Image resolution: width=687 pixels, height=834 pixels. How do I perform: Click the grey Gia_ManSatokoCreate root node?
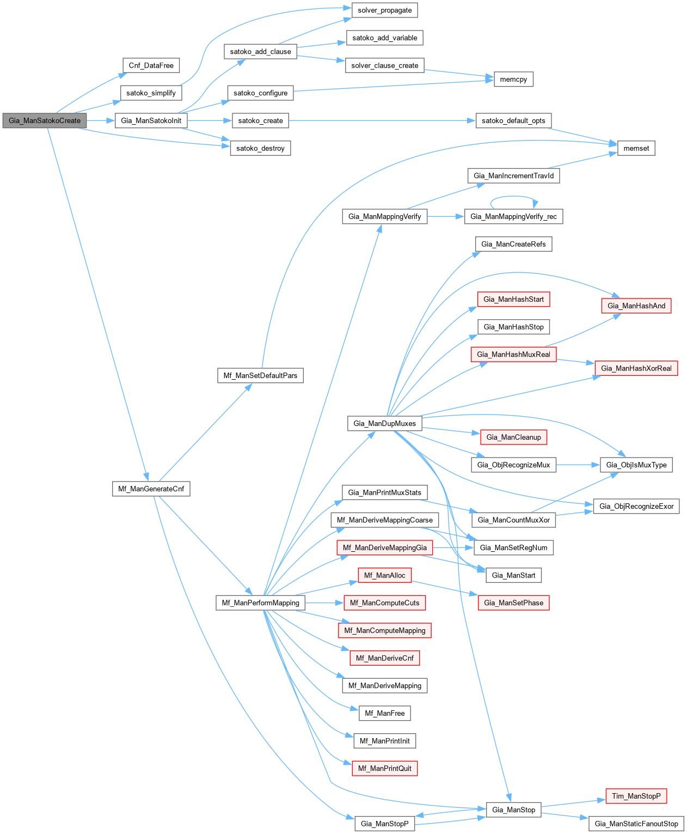click(44, 120)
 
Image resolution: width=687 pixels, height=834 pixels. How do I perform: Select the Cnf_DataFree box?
click(151, 65)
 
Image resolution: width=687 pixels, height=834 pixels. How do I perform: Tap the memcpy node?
click(513, 79)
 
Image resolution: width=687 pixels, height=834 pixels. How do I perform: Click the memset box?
click(636, 148)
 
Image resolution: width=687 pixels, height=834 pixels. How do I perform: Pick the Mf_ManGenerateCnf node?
click(151, 489)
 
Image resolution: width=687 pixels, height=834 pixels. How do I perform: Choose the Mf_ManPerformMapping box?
click(260, 602)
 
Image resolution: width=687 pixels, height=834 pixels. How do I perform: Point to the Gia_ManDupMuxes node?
click(384, 423)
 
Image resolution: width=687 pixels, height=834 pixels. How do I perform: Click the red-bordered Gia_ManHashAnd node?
click(636, 306)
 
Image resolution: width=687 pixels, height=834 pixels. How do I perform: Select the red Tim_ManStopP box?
click(636, 796)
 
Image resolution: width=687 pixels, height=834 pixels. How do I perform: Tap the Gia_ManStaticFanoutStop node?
click(636, 824)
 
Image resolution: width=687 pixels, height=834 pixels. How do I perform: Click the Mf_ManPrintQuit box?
click(384, 768)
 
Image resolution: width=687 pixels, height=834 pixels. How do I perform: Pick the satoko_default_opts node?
click(513, 120)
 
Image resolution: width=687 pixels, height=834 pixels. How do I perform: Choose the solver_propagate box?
click(384, 10)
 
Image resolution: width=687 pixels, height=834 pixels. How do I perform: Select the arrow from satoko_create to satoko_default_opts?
click(381, 120)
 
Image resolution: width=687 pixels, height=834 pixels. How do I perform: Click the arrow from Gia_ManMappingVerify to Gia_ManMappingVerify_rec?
click(445, 216)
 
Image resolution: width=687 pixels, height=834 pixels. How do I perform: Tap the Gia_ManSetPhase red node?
click(513, 602)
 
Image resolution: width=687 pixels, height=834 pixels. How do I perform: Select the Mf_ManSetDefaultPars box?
click(260, 375)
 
